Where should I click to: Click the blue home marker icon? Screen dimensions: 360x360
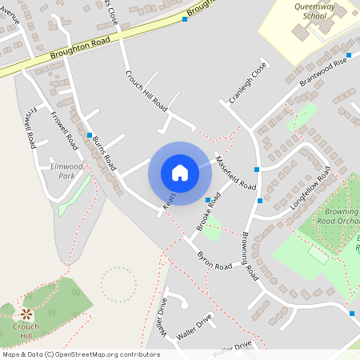pos(180,173)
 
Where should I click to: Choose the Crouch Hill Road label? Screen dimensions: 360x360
pos(146,90)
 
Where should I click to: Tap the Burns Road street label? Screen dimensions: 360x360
pos(104,152)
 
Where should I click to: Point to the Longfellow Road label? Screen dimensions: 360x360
pos(310,189)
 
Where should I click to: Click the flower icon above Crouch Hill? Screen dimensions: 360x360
pos(26,314)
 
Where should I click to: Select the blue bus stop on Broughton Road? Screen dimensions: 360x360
pos(185,19)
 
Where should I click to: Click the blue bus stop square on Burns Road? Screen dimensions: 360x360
pos(90,135)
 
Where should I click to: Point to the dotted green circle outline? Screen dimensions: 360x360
pos(118,284)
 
